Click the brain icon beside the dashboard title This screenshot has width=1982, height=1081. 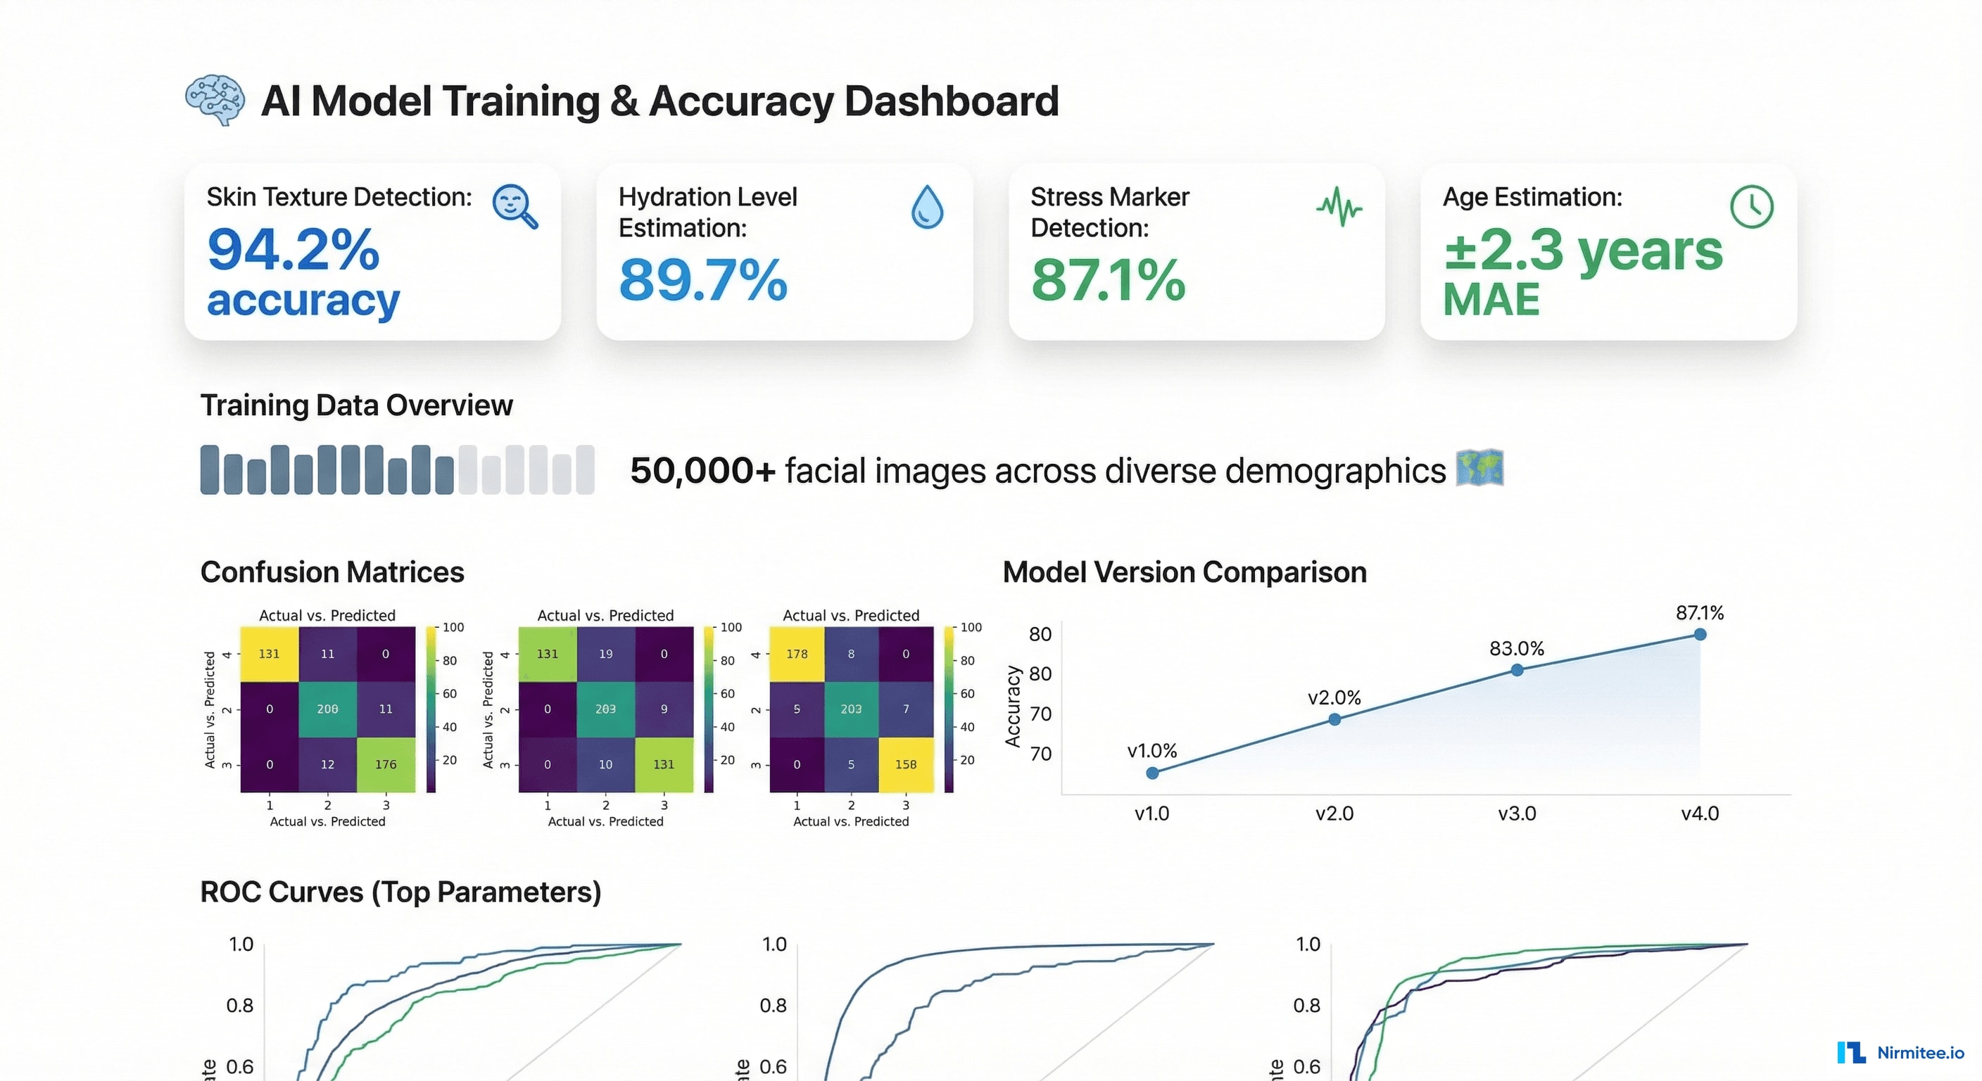coord(215,100)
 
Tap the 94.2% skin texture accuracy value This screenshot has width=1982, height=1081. coord(293,249)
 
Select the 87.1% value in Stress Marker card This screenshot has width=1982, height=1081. coord(1108,280)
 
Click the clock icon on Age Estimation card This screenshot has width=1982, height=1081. coord(1751,206)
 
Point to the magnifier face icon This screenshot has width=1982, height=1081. coord(515,206)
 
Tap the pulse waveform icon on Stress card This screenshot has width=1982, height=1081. coord(1339,206)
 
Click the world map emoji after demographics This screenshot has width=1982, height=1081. coord(1479,468)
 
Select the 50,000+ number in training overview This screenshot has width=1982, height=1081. coord(702,470)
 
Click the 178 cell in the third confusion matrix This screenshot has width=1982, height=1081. coord(797,654)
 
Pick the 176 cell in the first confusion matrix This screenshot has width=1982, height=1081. coord(386,764)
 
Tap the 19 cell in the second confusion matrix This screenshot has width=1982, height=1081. coord(605,654)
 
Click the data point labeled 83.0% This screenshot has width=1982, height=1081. coord(1517,670)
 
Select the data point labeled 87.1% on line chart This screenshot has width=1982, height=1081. coord(1700,635)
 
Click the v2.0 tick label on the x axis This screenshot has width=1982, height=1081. coord(1334,814)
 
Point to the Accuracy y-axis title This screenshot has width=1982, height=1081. coord(1013,707)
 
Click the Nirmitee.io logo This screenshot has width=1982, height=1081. coord(1900,1053)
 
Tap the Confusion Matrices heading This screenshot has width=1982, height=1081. coord(332,572)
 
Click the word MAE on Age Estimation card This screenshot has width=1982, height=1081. coord(1491,299)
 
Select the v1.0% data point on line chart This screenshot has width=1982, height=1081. coord(1151,773)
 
